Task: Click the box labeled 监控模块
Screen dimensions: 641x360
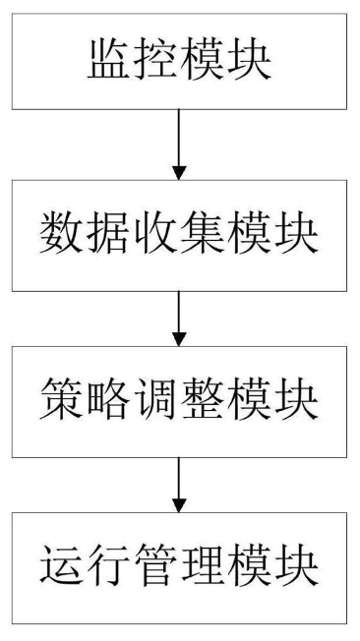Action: (x=179, y=61)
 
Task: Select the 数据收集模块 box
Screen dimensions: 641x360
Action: (x=179, y=232)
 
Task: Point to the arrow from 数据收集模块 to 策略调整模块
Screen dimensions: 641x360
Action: (x=179, y=318)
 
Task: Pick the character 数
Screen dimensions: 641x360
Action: (x=62, y=232)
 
